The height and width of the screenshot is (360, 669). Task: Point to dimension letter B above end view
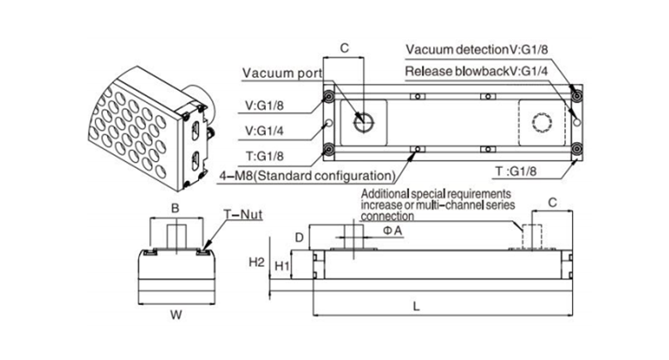pyautogui.click(x=173, y=207)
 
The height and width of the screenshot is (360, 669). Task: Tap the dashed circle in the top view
pyautogui.click(x=542, y=121)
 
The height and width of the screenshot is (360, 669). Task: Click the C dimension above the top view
pyautogui.click(x=346, y=49)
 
